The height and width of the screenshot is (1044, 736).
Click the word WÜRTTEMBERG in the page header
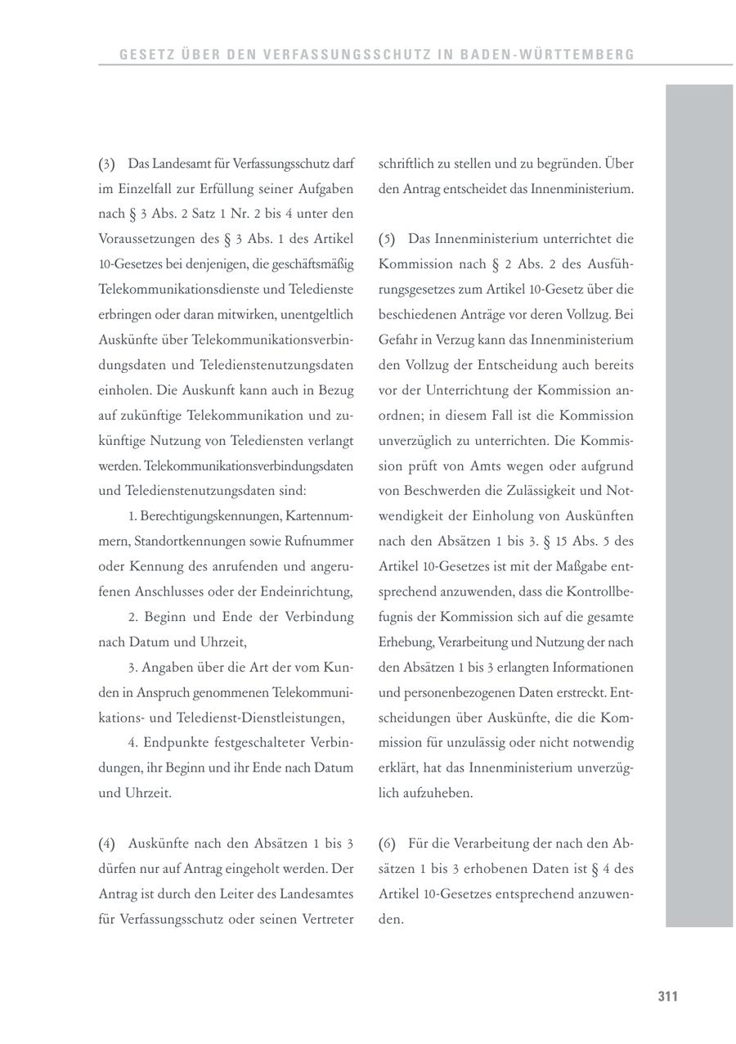tap(582, 55)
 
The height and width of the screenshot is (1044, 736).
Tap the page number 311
tap(668, 997)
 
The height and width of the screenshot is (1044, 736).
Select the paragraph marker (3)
tap(107, 164)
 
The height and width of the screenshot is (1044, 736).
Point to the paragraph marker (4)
tap(107, 844)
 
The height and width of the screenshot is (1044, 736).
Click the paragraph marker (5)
tap(387, 239)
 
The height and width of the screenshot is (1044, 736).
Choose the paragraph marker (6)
tap(387, 844)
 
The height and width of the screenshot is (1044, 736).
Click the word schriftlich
tap(408, 164)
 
